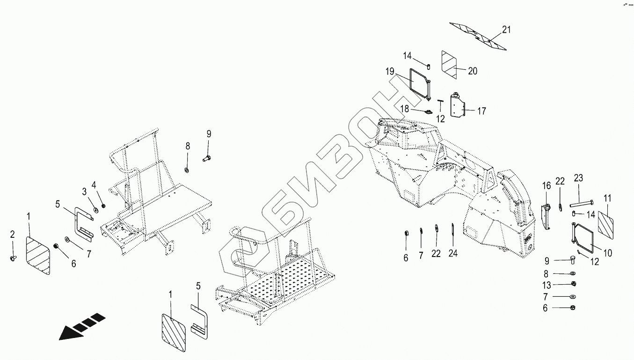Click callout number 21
pyautogui.click(x=506, y=30)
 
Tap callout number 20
pyautogui.click(x=473, y=71)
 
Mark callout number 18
pyautogui.click(x=405, y=109)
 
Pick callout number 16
pyautogui.click(x=547, y=186)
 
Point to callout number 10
pyautogui.click(x=607, y=253)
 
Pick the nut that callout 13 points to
pyautogui.click(x=574, y=284)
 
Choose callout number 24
pyautogui.click(x=453, y=254)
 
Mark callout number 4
pyautogui.click(x=94, y=184)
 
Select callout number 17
pyautogui.click(x=481, y=111)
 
